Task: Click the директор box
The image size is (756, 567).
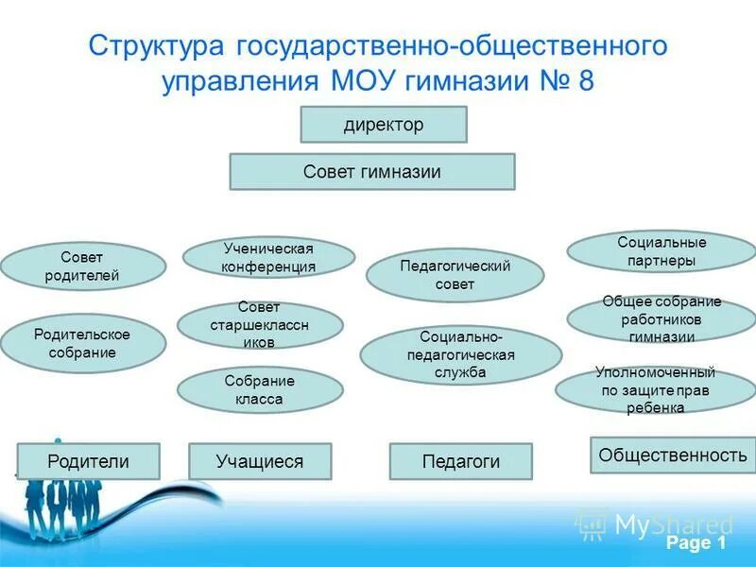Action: tap(383, 125)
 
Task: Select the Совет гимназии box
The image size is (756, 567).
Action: tap(372, 172)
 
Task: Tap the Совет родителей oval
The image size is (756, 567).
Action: tap(82, 266)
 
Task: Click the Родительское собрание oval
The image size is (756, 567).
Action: tap(82, 344)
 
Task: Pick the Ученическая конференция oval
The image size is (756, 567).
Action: tap(268, 258)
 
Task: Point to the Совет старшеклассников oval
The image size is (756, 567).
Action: tap(260, 325)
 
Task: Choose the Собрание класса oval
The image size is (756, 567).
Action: tap(260, 390)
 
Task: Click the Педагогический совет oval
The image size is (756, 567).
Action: tap(455, 275)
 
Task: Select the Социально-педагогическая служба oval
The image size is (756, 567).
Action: tap(460, 355)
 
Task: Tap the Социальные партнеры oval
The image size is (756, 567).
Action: tap(661, 251)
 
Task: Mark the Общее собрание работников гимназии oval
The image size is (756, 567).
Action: tap(661, 318)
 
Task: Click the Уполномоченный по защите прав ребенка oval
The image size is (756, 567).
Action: tap(655, 389)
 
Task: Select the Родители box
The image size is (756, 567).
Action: tap(88, 461)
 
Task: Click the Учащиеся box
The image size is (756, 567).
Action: tap(260, 461)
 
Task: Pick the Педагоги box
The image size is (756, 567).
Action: tap(460, 461)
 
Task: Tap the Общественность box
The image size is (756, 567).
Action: tap(672, 455)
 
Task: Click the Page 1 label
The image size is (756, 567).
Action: tap(696, 543)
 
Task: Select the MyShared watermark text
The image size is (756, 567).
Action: tap(673, 524)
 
